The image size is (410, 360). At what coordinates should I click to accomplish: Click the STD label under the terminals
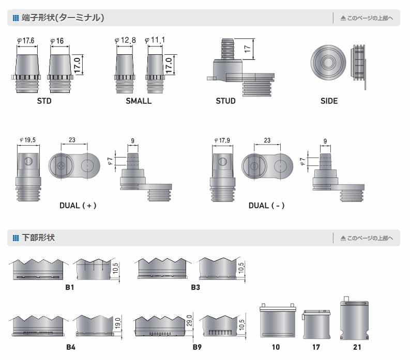point(44,101)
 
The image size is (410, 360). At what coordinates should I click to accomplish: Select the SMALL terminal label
point(139,101)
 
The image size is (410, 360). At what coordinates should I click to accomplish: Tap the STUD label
point(225,101)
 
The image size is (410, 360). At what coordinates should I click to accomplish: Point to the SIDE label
point(329,101)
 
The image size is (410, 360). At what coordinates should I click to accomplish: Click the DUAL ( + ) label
point(78,205)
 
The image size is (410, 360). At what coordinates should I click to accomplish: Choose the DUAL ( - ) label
point(266,205)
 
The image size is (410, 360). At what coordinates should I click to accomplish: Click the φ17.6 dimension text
point(26,41)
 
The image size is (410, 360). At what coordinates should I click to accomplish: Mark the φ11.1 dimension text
point(155,40)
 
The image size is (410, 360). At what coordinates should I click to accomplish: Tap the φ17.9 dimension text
point(222,140)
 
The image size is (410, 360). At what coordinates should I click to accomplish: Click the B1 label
point(70,287)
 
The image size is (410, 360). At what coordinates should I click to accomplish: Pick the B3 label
point(195,287)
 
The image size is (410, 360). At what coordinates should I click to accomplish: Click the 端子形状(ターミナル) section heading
point(63,18)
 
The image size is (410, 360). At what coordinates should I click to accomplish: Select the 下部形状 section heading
point(38,238)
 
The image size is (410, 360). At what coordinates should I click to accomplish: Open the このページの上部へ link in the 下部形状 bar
point(367,238)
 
